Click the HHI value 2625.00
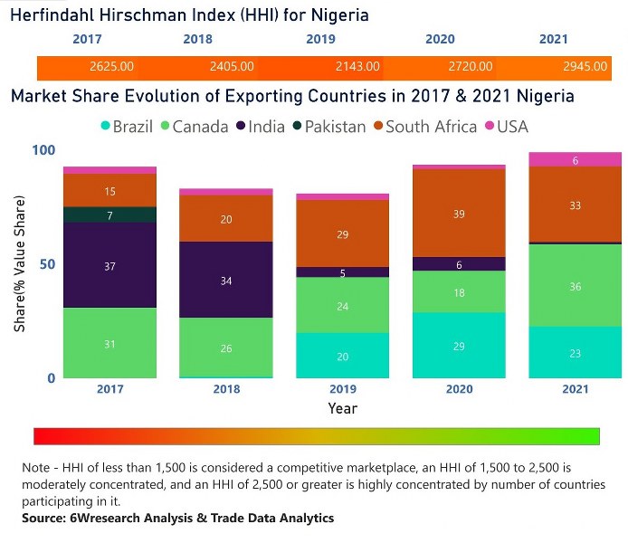pos(111,67)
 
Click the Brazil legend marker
pos(105,127)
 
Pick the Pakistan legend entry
pos(329,127)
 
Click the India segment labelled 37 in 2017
pos(109,266)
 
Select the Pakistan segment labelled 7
pos(109,215)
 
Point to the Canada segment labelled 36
pos(575,286)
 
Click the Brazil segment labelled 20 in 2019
pos(341,356)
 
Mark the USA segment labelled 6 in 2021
pos(575,160)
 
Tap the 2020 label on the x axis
pos(458,390)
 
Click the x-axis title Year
pos(342,409)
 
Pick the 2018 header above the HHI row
pos(197,39)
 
